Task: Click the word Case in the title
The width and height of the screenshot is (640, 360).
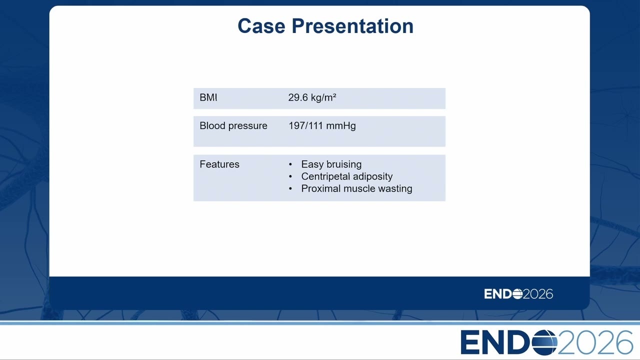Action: (x=261, y=26)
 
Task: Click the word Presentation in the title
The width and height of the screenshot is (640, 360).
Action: (x=352, y=26)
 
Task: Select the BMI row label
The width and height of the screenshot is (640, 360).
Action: (x=208, y=97)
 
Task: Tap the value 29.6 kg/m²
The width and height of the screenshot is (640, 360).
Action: (x=312, y=97)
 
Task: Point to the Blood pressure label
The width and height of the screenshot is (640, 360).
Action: (x=233, y=125)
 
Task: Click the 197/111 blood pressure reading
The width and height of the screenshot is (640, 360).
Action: (x=305, y=125)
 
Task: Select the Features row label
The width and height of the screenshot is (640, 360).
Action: (x=219, y=164)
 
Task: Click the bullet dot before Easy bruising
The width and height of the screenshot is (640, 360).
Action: (x=290, y=164)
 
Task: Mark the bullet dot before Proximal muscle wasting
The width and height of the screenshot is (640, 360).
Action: (x=290, y=189)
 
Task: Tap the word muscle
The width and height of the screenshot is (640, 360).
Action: (x=359, y=188)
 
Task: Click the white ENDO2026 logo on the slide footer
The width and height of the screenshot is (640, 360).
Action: (x=518, y=294)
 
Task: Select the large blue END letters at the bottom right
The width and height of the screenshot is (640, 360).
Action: (x=495, y=342)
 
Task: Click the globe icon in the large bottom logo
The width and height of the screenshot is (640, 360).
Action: (x=544, y=342)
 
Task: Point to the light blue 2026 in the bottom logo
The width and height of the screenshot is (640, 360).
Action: (x=595, y=342)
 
